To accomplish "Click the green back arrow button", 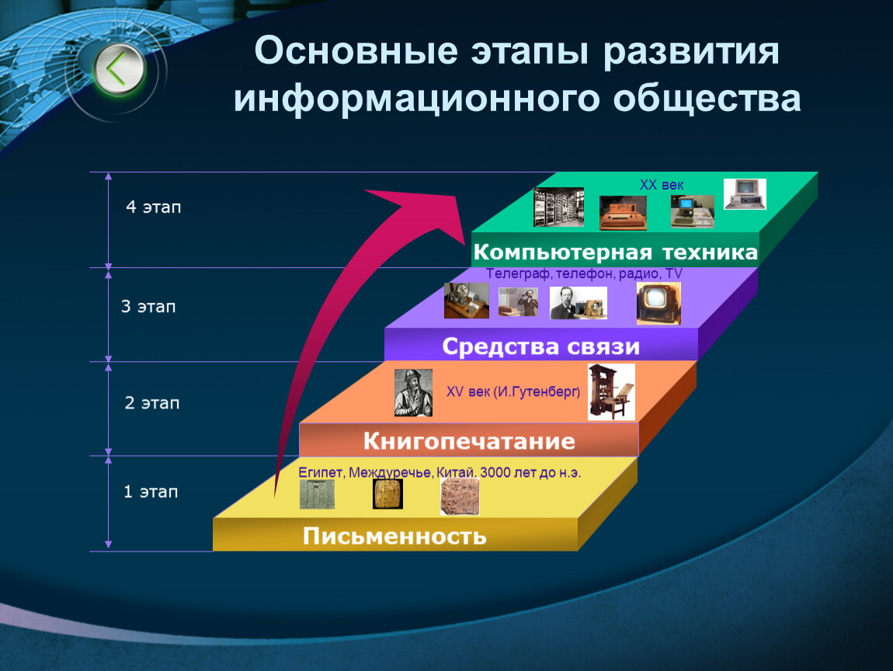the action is [119, 69].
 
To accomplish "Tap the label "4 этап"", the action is [153, 207].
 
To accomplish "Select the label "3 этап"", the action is [148, 307].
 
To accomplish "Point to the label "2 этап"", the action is [152, 403].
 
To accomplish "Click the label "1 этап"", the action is [151, 492].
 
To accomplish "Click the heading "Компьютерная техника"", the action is [616, 252].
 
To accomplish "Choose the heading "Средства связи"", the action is [541, 346].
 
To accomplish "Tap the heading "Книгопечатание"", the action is [469, 441].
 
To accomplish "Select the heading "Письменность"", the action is [394, 536].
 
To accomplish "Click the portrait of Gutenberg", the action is [413, 393].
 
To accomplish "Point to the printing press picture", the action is [611, 392].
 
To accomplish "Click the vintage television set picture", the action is [658, 304].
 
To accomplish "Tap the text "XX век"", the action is [661, 185].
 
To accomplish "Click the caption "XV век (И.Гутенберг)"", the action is [513, 391].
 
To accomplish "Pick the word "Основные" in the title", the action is [356, 50].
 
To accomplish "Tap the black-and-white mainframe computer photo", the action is [558, 207].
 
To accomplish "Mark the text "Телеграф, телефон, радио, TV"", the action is [584, 273].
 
